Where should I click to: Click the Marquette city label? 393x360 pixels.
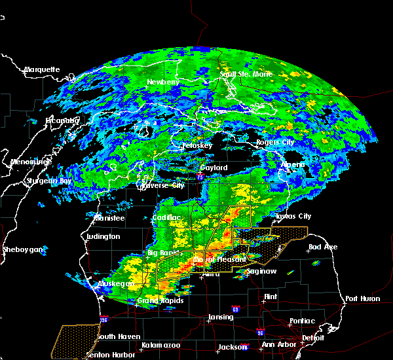click(x=42, y=69)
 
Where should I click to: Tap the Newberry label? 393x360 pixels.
click(x=163, y=82)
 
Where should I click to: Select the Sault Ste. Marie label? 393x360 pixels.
click(x=246, y=74)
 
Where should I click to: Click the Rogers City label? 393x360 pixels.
click(x=275, y=142)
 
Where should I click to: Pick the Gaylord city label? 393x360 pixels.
click(x=214, y=168)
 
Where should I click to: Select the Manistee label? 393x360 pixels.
click(x=109, y=217)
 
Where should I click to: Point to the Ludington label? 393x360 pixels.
click(x=103, y=236)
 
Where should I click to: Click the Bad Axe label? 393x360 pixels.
click(x=323, y=247)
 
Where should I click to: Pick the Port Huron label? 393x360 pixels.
click(x=363, y=298)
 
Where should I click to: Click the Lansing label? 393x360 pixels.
click(x=221, y=317)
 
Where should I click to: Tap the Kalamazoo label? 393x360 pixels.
click(x=160, y=344)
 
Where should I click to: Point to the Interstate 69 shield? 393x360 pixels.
click(x=234, y=308)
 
